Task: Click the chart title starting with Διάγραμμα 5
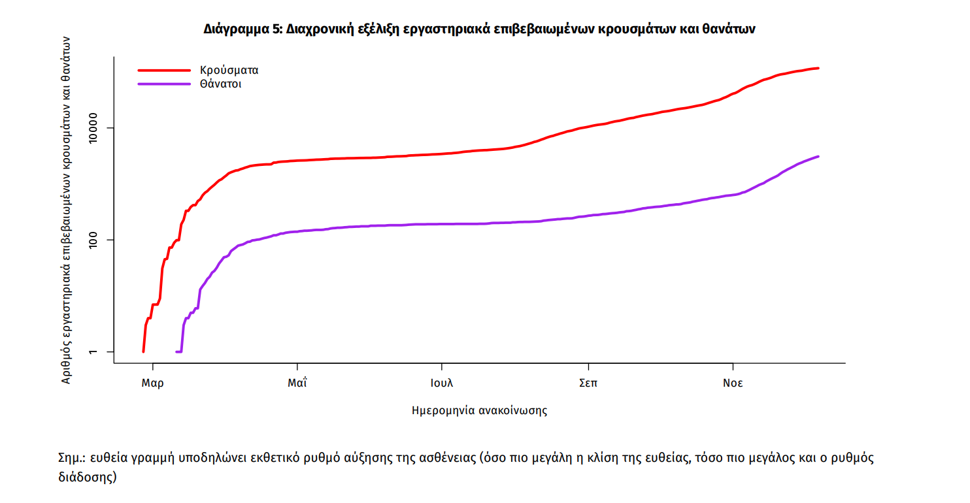point(479,29)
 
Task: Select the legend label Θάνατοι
point(221,84)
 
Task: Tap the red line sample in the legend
point(163,69)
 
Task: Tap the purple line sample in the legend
point(163,84)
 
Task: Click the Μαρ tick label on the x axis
point(152,383)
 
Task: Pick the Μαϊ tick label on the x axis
point(297,383)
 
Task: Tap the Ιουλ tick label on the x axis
point(442,383)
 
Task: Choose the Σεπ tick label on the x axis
point(588,383)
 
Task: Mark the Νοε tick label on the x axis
point(733,383)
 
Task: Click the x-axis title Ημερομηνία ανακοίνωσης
point(479,411)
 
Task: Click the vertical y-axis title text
point(65,209)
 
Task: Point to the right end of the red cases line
point(818,68)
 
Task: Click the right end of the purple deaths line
point(818,156)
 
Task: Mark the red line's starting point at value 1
point(143,351)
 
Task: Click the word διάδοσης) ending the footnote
point(87,477)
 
